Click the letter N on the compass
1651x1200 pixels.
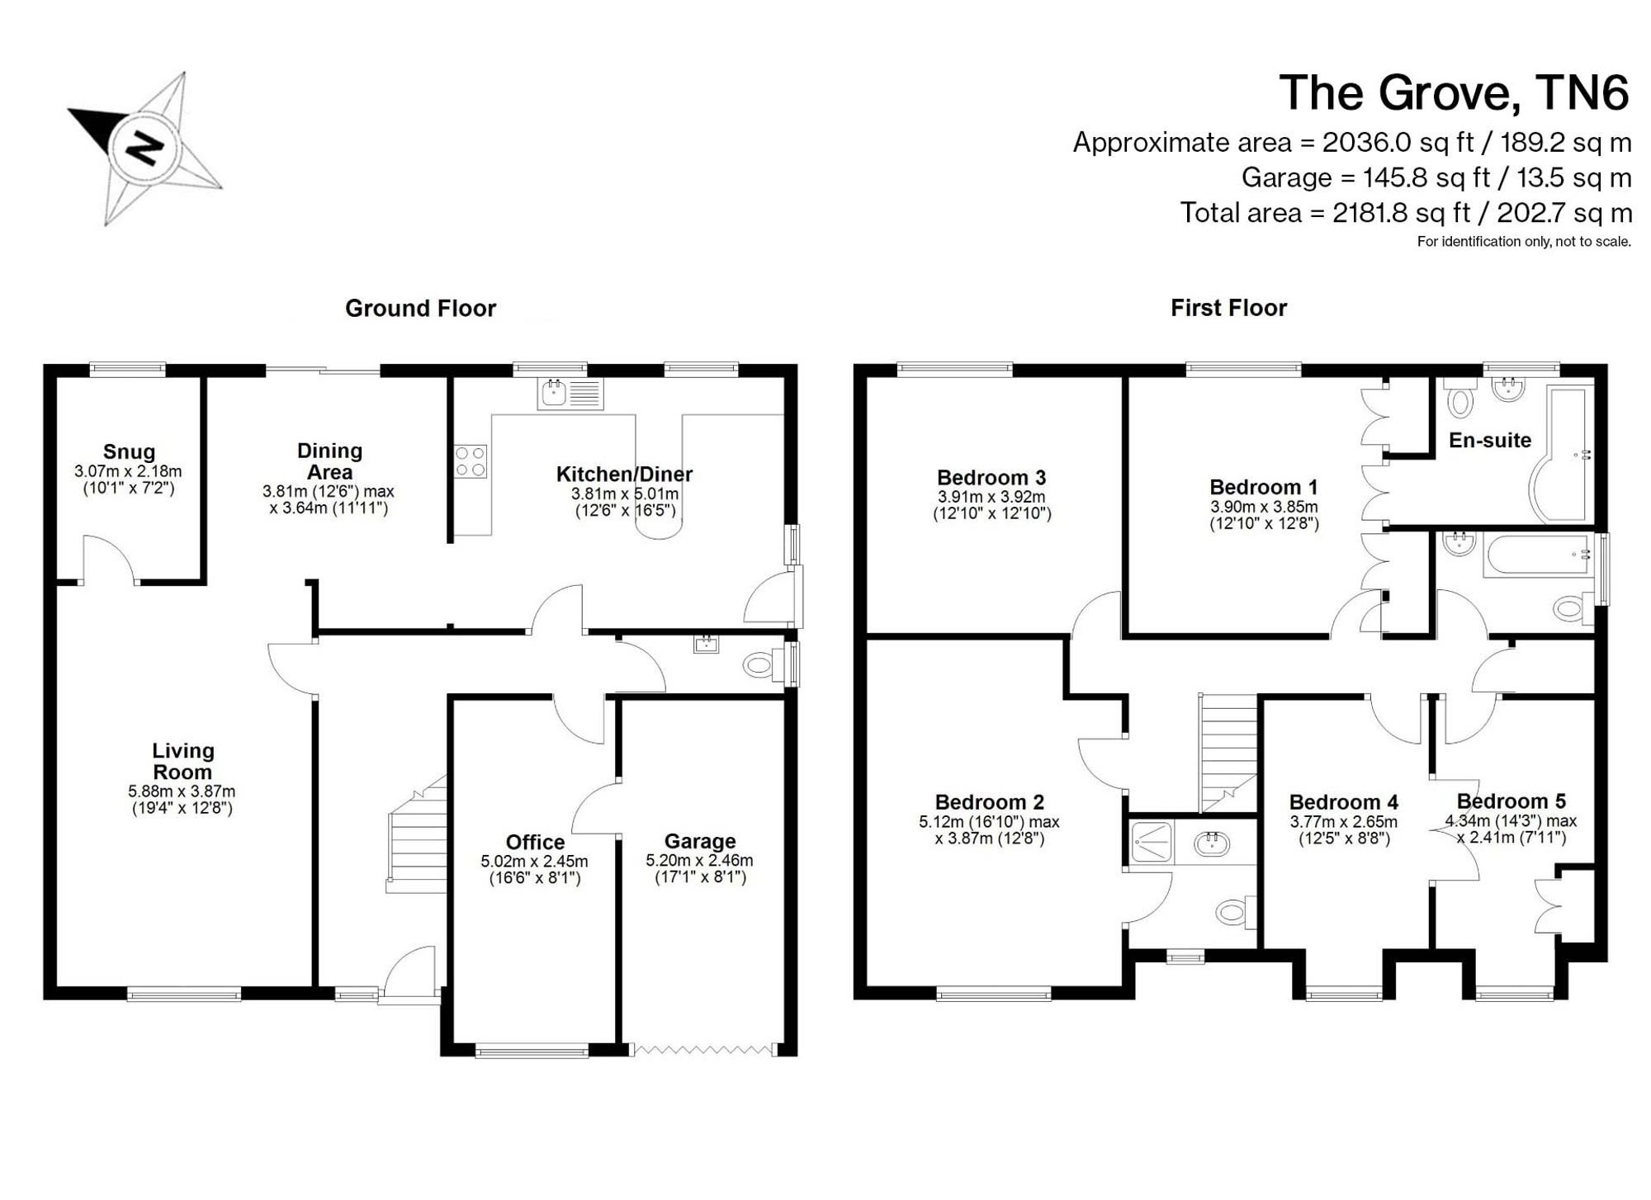point(144,149)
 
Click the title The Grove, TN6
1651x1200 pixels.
point(1455,92)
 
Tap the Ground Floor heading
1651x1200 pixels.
point(420,308)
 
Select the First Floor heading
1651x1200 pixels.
point(1228,308)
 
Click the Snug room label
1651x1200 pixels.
point(129,451)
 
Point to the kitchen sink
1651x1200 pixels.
point(570,394)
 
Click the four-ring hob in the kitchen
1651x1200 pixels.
point(471,461)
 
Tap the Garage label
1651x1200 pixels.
point(700,841)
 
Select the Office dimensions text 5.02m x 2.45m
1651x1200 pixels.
point(535,861)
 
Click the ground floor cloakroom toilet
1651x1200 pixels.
point(763,664)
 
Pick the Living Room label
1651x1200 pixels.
point(182,761)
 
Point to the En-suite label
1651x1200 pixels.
point(1490,440)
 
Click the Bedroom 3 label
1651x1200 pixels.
point(991,477)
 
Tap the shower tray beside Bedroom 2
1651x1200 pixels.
point(1152,842)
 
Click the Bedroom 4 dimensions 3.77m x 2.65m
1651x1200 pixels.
point(1344,822)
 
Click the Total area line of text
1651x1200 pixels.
point(1406,213)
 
